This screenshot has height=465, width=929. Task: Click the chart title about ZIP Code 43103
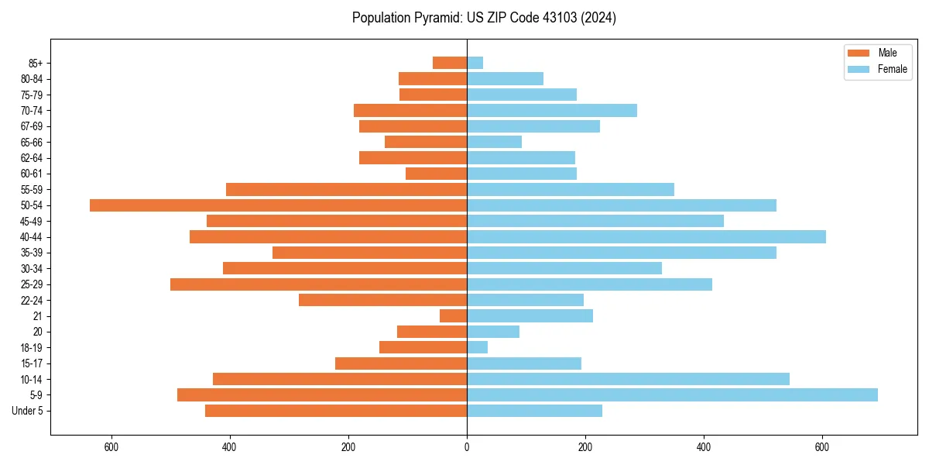(484, 18)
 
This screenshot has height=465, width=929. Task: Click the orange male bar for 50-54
(279, 205)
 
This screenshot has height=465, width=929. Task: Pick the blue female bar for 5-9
(672, 395)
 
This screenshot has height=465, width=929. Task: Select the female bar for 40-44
(646, 237)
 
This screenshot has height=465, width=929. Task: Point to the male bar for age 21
(454, 316)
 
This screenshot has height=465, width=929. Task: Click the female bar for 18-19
(478, 348)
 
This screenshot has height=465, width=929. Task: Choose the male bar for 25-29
(319, 284)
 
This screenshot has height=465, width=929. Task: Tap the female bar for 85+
(475, 63)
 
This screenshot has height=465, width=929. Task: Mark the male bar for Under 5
(336, 411)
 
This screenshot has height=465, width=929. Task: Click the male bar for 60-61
(437, 174)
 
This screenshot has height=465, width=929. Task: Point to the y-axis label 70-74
(32, 111)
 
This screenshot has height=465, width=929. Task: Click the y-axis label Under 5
(28, 411)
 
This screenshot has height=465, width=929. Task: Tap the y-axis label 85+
(36, 63)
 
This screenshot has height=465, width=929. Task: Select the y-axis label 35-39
(32, 253)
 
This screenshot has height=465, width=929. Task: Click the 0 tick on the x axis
(467, 447)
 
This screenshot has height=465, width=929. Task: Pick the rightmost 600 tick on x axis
(822, 447)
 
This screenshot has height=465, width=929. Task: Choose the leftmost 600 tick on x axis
(111, 447)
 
